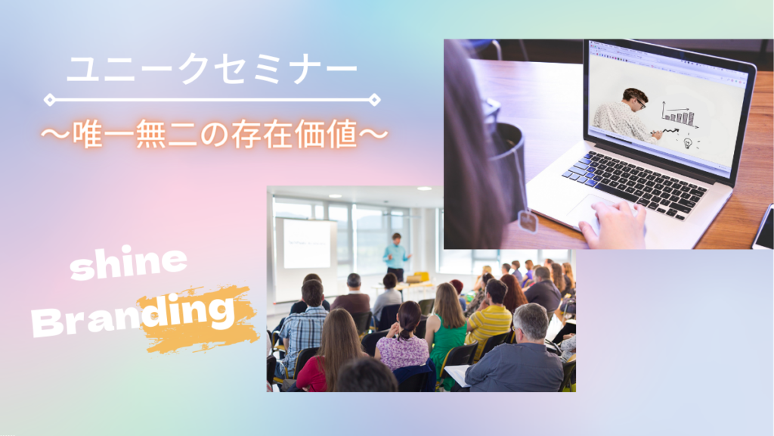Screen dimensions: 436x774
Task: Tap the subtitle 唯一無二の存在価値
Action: (215, 135)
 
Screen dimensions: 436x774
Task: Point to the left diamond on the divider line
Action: (50, 99)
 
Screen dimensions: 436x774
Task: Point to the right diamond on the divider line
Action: (373, 99)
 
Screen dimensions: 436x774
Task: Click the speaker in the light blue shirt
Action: (395, 254)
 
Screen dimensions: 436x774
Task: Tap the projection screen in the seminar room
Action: (306, 244)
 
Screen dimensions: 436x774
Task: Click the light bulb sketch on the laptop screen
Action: (689, 142)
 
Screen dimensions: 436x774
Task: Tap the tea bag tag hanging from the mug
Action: (528, 222)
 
